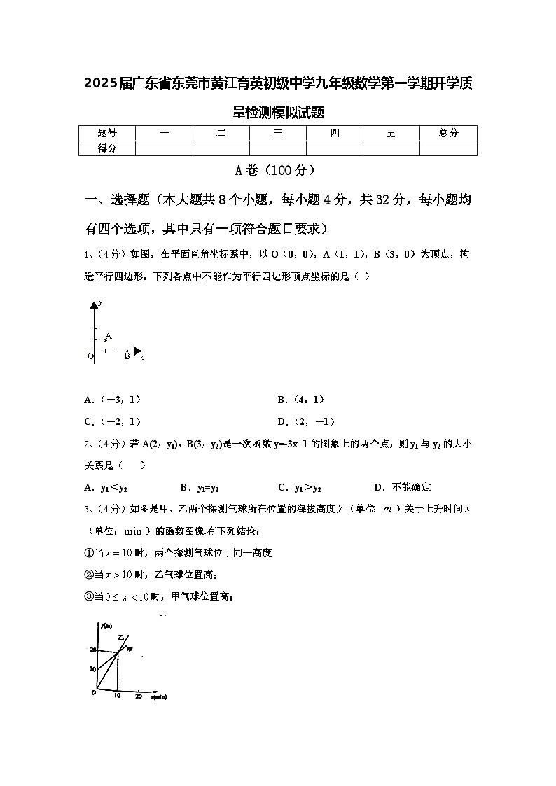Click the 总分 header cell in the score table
pyautogui.click(x=448, y=133)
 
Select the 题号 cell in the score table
pyautogui.click(x=106, y=133)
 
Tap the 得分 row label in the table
pyautogui.click(x=106, y=148)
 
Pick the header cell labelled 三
pyautogui.click(x=278, y=133)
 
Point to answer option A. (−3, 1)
pyautogui.click(x=113, y=400)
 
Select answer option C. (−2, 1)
pyautogui.click(x=113, y=421)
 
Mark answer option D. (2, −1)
pyautogui.click(x=306, y=421)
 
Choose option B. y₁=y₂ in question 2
pyautogui.click(x=200, y=487)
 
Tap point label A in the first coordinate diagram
pyautogui.click(x=109, y=336)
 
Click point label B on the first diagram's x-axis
pyautogui.click(x=127, y=356)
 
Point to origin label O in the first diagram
pyautogui.click(x=90, y=356)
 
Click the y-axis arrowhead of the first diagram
pyautogui.click(x=93, y=304)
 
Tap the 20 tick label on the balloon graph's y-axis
pyautogui.click(x=92, y=650)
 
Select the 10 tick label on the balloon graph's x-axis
pyautogui.click(x=118, y=696)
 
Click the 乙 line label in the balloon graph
pyautogui.click(x=120, y=638)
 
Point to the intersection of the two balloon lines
pyautogui.click(x=118, y=652)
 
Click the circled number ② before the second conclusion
pyautogui.click(x=89, y=575)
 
